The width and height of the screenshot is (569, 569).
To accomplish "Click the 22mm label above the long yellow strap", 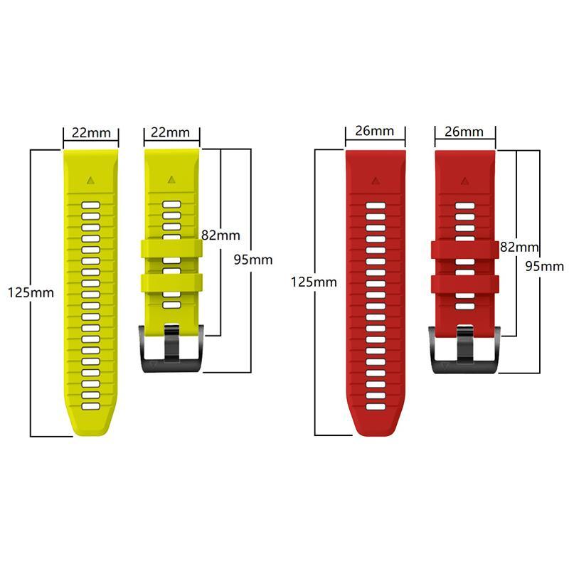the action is click(x=91, y=133).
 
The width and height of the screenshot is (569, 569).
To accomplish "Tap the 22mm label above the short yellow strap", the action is click(x=170, y=132).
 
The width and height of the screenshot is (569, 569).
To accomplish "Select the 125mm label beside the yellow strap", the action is click(x=31, y=292).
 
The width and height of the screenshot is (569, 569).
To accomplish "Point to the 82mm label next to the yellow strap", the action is click(x=220, y=235).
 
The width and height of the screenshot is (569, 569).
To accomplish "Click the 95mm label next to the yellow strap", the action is click(x=253, y=260).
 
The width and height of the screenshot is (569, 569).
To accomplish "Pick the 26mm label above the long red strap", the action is click(x=375, y=131).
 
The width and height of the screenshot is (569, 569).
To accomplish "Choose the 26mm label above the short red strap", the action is click(x=464, y=132).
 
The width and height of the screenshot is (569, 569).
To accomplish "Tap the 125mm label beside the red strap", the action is click(x=314, y=282).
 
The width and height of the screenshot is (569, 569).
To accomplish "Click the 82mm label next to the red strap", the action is click(x=519, y=247).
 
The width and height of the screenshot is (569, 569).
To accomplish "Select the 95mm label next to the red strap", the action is click(x=545, y=266).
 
